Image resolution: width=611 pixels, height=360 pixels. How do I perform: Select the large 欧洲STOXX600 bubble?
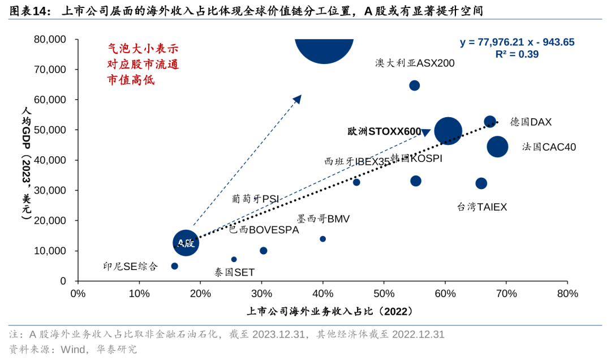[448, 131]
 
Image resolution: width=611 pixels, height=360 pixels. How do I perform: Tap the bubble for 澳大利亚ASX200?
[414, 85]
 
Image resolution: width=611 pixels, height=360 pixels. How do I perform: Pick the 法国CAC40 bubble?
[497, 147]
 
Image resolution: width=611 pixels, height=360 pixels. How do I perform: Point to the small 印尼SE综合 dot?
[174, 266]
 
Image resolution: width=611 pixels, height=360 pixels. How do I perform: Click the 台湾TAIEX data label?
[482, 207]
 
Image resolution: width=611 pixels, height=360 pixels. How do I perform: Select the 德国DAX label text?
[531, 122]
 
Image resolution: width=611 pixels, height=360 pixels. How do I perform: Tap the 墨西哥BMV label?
[323, 219]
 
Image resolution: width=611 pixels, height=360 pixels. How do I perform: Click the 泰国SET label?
[234, 272]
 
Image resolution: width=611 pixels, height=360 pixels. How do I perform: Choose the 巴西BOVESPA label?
[264, 230]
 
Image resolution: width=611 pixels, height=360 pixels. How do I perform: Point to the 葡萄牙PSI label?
[255, 199]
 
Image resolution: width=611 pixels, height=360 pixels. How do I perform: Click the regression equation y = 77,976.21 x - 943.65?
[517, 42]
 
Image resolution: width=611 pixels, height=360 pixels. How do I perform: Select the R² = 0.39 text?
[517, 54]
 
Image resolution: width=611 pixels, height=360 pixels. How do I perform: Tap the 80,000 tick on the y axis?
[50, 40]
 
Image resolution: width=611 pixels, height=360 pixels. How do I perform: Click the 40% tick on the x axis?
[322, 294]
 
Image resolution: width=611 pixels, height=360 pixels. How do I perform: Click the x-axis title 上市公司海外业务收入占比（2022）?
[329, 311]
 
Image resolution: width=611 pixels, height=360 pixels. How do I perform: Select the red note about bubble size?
[143, 65]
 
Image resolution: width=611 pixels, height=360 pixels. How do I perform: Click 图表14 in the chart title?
[27, 10]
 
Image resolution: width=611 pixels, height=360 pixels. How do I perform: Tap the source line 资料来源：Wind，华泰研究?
[73, 349]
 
